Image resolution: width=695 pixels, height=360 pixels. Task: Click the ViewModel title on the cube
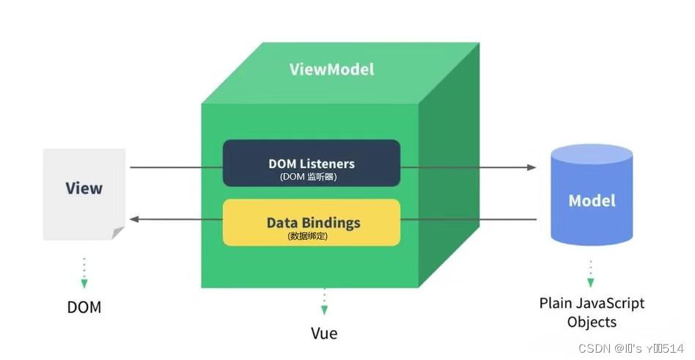click(331, 70)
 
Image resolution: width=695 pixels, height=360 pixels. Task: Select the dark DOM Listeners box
click(312, 163)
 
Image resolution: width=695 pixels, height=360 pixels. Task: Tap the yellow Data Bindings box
click(312, 222)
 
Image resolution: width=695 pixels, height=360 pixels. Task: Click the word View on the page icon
click(84, 188)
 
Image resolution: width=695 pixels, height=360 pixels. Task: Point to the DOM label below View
click(84, 307)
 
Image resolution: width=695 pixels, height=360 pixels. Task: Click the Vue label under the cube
click(324, 334)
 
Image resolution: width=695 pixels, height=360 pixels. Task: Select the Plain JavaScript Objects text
click(592, 312)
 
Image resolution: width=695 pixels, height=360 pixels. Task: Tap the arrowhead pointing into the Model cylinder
click(532, 167)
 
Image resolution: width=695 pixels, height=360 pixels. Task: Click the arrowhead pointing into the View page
click(134, 218)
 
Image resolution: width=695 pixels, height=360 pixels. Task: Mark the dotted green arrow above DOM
click(84, 272)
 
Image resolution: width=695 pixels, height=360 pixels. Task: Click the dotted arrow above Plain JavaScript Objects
click(591, 272)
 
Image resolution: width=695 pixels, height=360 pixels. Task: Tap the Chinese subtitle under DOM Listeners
click(312, 177)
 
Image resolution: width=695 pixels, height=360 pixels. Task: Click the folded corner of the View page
click(117, 233)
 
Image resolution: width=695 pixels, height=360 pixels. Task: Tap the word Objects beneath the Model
click(592, 322)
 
